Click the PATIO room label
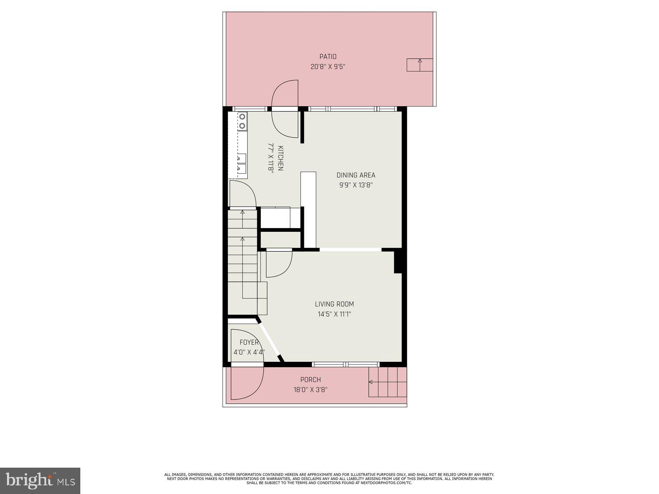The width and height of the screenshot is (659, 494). coord(328,56)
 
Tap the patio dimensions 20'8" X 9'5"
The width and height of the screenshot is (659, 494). coord(328,66)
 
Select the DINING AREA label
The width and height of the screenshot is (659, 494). coord(356,175)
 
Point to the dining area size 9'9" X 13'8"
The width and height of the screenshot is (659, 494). coord(356,185)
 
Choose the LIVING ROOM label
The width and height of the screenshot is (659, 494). coord(334,304)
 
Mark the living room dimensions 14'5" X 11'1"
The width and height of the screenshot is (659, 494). coord(334,314)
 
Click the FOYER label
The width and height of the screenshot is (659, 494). coord(249,342)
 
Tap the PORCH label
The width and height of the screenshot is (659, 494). coord(311,380)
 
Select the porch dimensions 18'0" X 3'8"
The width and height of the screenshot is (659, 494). coord(311,389)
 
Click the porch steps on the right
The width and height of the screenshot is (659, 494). coord(388,382)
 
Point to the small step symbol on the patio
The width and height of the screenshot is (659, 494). coord(420,65)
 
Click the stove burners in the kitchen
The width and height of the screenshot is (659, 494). coord(242,121)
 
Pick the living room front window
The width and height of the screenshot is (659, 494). coord(346,364)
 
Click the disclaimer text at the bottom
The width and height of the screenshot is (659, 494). coord(329,479)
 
